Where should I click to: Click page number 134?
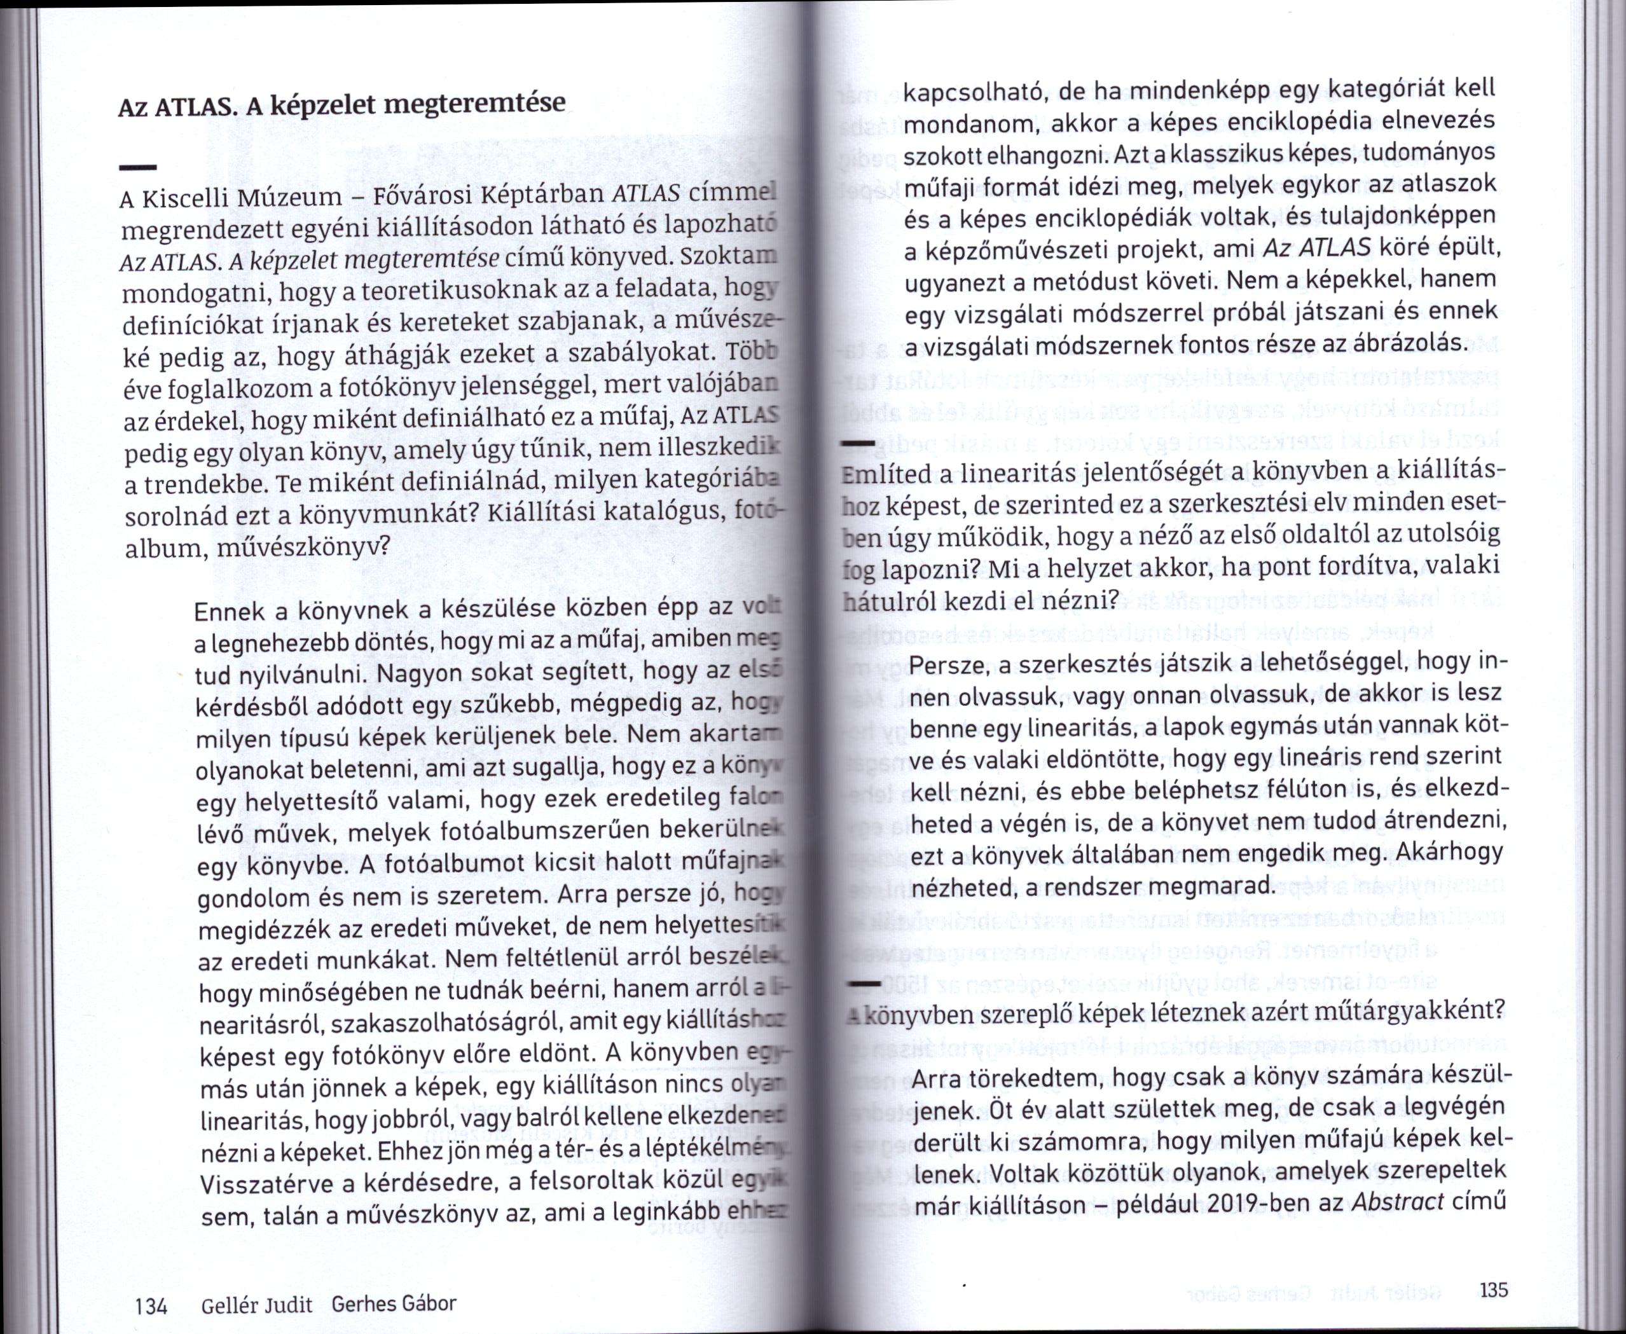point(151,1305)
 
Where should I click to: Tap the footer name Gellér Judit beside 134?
point(257,1305)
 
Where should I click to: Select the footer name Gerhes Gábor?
point(394,1303)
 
